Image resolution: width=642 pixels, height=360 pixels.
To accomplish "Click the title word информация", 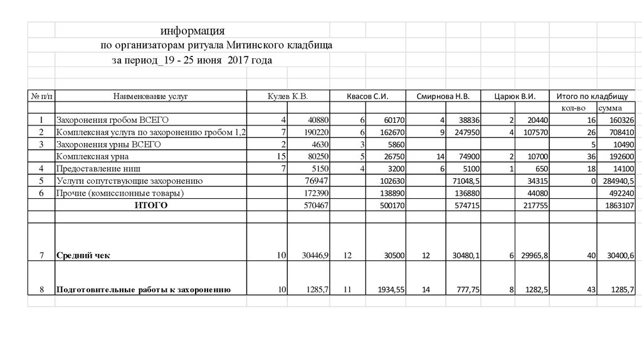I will coord(192,31).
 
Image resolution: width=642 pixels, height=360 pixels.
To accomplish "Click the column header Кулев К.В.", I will coord(288,97).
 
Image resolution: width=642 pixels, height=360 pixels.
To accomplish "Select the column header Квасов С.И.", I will coord(368,97).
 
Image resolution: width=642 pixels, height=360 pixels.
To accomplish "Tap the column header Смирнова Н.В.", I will coord(443,97).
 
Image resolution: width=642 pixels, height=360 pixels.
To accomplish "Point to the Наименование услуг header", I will coord(150,97).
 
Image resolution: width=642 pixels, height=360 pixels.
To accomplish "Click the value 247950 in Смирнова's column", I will coord(465,132).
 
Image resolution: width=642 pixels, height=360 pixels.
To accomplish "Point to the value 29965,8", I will coord(535,255).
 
